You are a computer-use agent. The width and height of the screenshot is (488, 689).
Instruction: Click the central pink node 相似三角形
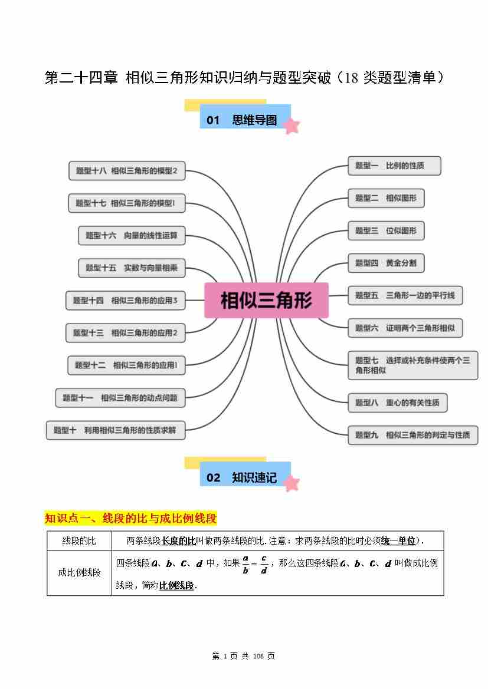[x=266, y=301]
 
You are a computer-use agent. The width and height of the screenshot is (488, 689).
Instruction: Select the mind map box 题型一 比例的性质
[x=394, y=166]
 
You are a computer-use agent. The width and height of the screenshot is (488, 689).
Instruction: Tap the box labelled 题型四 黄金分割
[x=386, y=263]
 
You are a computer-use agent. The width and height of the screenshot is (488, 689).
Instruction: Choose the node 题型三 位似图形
[x=386, y=230]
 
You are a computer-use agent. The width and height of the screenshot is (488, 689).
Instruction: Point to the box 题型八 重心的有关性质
[x=397, y=403]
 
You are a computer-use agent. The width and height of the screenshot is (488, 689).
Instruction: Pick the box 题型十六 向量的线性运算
[x=131, y=235]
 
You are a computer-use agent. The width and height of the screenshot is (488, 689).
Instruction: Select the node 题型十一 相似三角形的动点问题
[x=120, y=398]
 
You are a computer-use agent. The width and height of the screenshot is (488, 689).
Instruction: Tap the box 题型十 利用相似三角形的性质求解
[x=114, y=430]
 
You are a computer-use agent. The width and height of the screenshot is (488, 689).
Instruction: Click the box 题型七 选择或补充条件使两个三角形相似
[x=412, y=365]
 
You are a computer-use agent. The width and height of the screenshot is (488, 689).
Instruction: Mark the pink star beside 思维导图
[x=291, y=126]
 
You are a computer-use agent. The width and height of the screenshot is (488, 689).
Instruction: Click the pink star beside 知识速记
[x=290, y=483]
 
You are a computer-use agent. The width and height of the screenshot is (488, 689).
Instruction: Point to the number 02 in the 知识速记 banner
[x=214, y=478]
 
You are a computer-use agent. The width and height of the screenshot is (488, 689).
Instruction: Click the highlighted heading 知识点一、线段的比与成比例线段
[x=131, y=519]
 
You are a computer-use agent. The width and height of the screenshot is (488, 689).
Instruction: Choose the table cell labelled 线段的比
[x=79, y=540]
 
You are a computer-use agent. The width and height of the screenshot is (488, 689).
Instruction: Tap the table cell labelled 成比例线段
[x=79, y=572]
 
